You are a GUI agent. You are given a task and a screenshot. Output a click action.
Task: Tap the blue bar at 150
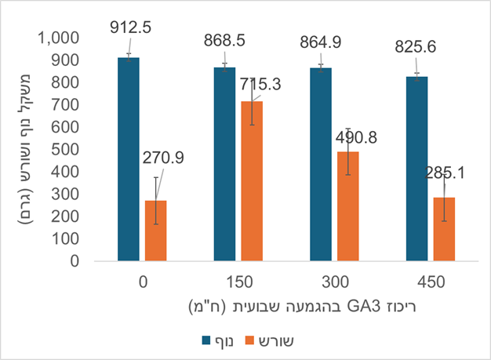[225, 165]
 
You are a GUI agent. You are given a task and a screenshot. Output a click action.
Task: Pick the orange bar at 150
[252, 182]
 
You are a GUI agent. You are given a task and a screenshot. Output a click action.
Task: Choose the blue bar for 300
[322, 165]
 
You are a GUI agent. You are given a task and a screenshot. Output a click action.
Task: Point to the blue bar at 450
[417, 169]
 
